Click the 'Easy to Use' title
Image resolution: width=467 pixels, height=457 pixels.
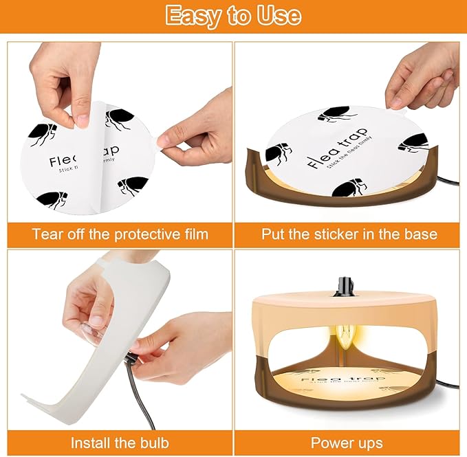(233, 16)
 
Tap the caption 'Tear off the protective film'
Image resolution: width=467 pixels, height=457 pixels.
(120, 234)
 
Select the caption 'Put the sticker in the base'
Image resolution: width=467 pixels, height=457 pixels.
(349, 234)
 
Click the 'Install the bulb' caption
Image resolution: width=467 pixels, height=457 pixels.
(120, 442)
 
